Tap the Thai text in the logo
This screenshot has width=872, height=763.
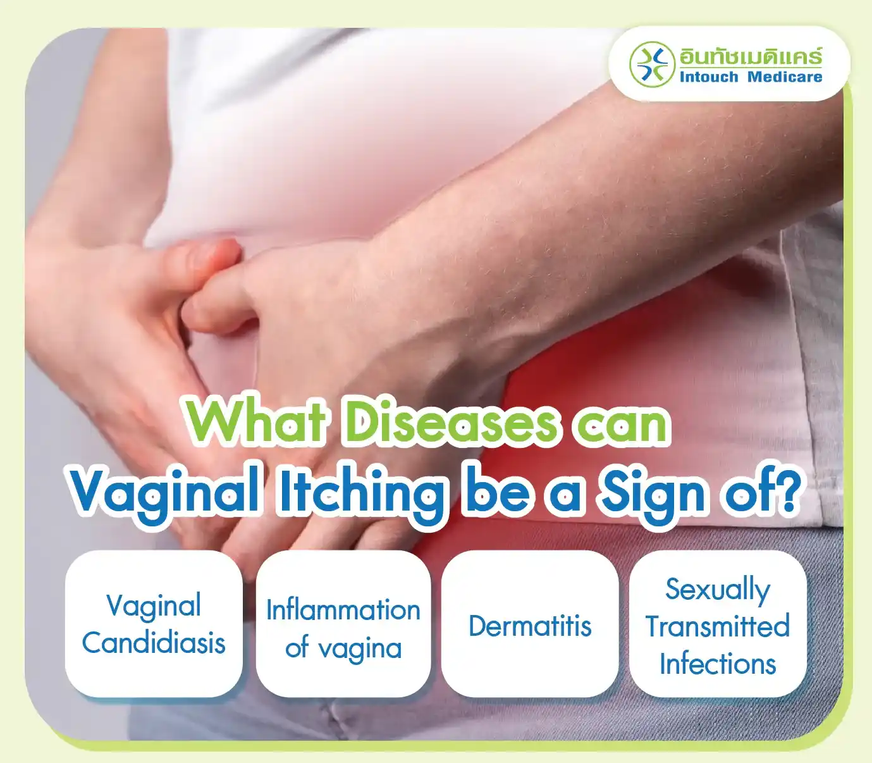pyautogui.click(x=751, y=57)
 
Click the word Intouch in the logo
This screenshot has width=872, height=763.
pyautogui.click(x=708, y=77)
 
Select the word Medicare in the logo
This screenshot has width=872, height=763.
pyautogui.click(x=785, y=77)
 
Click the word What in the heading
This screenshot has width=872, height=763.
pyautogui.click(x=257, y=422)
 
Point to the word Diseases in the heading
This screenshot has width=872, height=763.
pyautogui.click(x=451, y=422)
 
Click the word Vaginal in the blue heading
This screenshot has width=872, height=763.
pyautogui.click(x=164, y=492)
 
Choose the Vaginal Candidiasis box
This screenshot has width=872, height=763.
pyautogui.click(x=154, y=624)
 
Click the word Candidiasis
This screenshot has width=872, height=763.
pyautogui.click(x=154, y=643)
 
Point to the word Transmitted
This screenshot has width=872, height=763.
pyautogui.click(x=718, y=626)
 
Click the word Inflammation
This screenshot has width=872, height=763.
pyautogui.click(x=343, y=610)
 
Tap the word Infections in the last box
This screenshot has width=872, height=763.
pyautogui.click(x=718, y=664)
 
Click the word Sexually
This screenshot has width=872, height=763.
pyautogui.click(x=718, y=590)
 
